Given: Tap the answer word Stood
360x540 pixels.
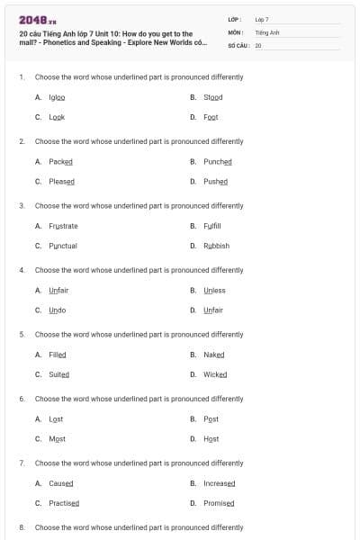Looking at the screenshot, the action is tap(212, 97).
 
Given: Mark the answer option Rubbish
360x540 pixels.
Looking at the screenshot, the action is tap(216, 246).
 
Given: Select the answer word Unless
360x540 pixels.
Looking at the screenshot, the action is tap(214, 291).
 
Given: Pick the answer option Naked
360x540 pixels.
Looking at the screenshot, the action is tap(213, 355).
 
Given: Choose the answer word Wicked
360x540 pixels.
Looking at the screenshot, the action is tap(215, 374).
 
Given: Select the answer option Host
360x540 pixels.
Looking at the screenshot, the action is tap(211, 439).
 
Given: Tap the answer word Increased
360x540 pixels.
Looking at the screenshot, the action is tap(219, 483).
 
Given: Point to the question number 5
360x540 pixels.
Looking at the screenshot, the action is tap(21, 334).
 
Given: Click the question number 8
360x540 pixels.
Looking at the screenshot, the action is tap(21, 527).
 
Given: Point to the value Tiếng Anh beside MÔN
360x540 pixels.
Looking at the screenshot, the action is tap(267, 31).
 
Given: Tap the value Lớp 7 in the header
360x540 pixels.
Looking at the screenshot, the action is tap(262, 19).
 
